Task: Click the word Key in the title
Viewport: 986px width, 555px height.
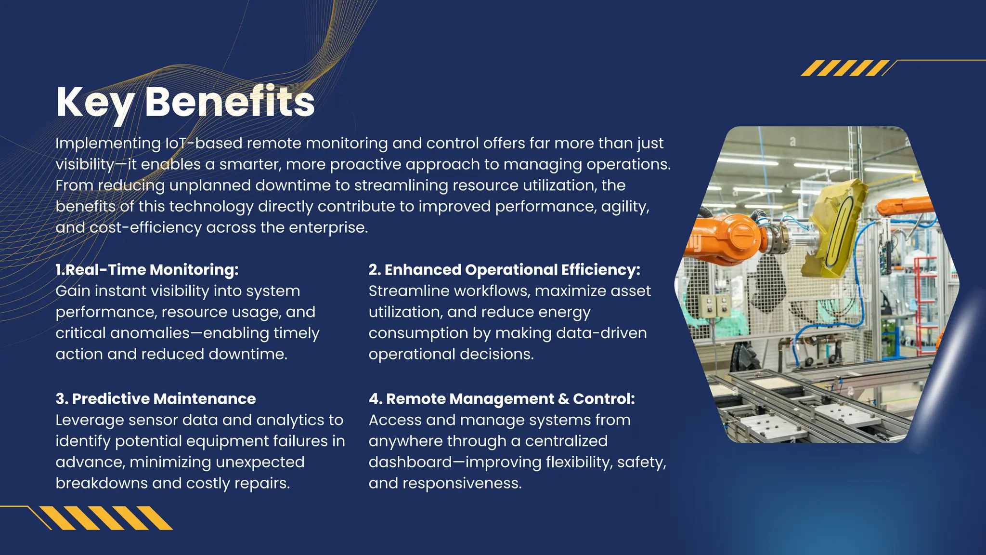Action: [94, 102]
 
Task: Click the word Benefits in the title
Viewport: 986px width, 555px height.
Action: [230, 102]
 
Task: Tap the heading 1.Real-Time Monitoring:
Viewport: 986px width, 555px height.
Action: [147, 270]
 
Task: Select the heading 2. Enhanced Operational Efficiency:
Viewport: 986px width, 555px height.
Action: [504, 270]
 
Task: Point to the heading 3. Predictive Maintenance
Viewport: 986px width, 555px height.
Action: [156, 399]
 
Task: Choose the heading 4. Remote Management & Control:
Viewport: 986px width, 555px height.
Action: [502, 399]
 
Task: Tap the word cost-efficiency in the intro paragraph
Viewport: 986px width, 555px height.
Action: [146, 227]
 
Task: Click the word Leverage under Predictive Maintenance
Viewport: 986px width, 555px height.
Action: [90, 420]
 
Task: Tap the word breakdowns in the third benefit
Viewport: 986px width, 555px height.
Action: [94, 483]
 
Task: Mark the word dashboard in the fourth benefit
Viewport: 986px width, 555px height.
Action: [410, 462]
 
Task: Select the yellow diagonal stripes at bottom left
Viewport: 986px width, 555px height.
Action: [106, 518]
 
